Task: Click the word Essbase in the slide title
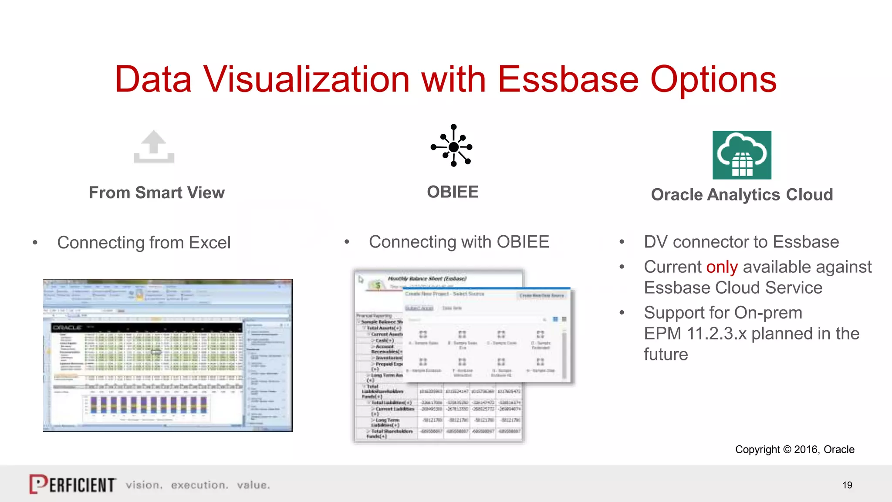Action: [568, 80]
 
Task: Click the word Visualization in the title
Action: [306, 80]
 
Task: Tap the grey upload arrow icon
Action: [154, 147]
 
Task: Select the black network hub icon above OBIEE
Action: [453, 146]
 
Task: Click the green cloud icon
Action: [742, 155]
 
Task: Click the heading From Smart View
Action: [157, 193]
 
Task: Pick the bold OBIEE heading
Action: [453, 192]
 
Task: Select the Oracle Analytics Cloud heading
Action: [742, 195]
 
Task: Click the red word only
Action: [722, 267]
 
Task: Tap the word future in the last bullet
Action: [666, 355]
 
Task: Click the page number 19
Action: [847, 485]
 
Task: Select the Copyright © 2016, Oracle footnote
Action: [794, 449]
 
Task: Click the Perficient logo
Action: [73, 484]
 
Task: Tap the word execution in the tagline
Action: [199, 485]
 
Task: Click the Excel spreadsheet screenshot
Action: [168, 355]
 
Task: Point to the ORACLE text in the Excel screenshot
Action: [68, 327]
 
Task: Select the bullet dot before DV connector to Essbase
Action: [622, 242]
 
